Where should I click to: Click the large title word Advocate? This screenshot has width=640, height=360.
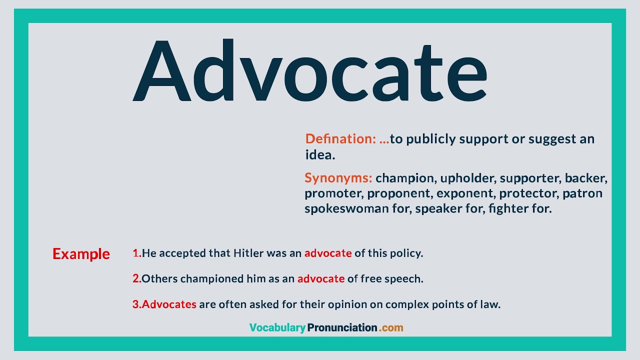(310, 70)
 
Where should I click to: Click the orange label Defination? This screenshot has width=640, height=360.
(340, 139)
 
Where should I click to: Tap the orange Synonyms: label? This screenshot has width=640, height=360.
(338, 177)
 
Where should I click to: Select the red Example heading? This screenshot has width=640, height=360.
(81, 254)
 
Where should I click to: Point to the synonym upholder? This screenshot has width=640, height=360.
(467, 178)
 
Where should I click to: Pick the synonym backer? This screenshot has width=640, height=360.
(585, 178)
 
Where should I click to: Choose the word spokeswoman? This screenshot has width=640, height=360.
(346, 208)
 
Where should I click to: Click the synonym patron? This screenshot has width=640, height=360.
(582, 193)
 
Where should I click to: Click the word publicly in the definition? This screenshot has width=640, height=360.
(431, 139)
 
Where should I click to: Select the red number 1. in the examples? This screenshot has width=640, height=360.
(137, 253)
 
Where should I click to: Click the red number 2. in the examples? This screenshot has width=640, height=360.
(137, 278)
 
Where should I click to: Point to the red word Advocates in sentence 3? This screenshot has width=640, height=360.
(169, 304)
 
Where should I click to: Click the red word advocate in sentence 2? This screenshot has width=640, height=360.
(321, 278)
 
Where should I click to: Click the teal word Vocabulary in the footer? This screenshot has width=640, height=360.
(277, 327)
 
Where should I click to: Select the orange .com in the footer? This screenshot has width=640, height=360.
(391, 327)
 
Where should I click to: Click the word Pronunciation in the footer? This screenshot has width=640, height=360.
(342, 327)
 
